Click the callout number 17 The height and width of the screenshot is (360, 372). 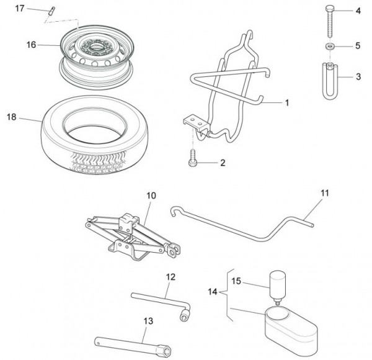click(19, 8)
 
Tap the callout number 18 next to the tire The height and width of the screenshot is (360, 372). click(11, 117)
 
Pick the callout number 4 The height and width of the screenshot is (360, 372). click(358, 11)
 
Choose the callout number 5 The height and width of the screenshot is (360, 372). click(358, 46)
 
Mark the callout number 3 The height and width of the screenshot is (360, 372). click(358, 77)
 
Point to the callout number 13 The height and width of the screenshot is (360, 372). click(148, 320)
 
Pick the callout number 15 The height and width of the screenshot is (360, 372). click(236, 281)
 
